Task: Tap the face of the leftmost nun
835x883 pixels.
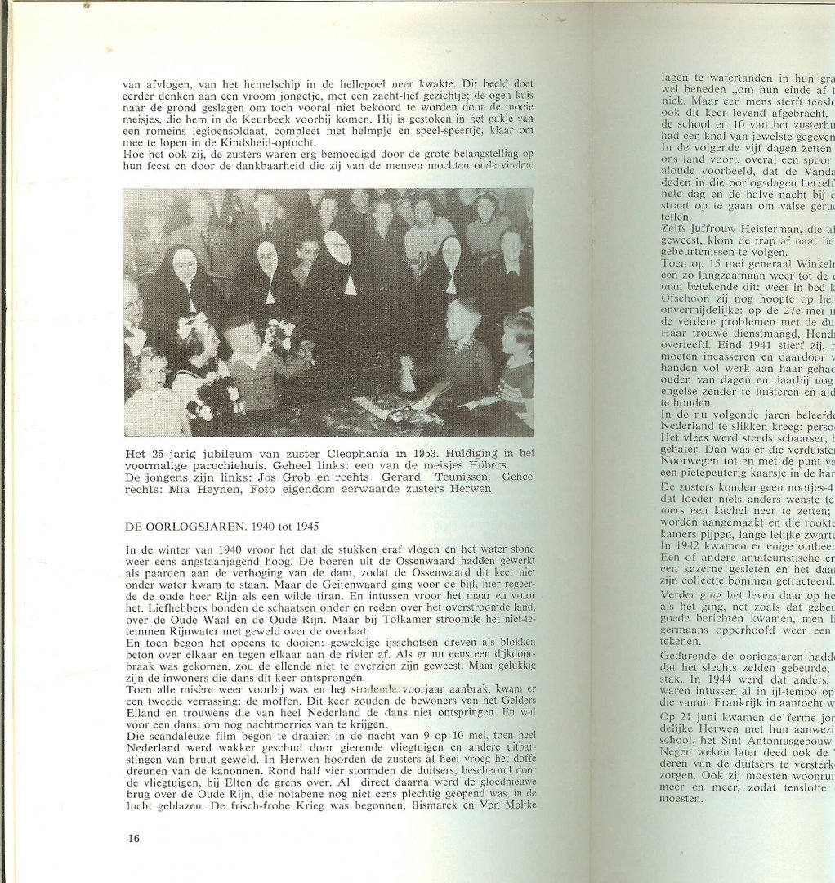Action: [185, 265]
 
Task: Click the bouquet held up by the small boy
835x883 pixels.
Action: [279, 332]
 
